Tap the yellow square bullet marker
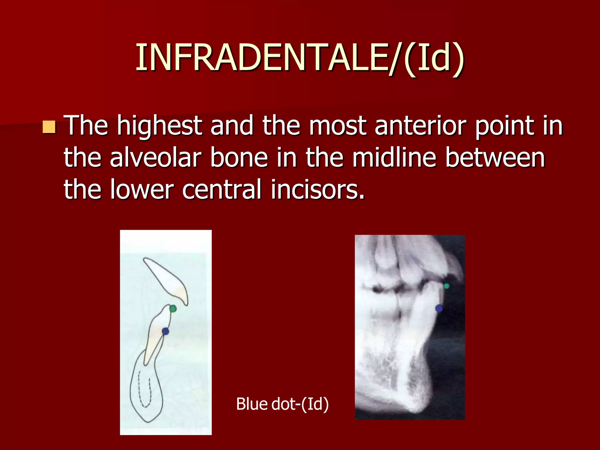(x=49, y=127)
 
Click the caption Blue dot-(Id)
(x=282, y=404)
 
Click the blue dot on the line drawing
(x=166, y=331)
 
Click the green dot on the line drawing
(x=173, y=308)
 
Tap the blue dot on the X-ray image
(x=439, y=308)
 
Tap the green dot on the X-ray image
(x=446, y=286)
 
